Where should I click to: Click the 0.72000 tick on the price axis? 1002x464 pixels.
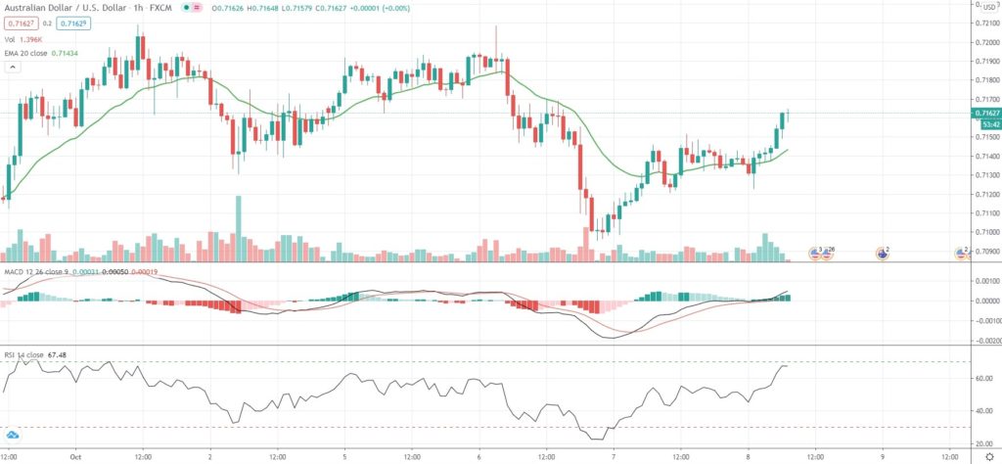point(984,43)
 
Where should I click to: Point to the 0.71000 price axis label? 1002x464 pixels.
point(984,232)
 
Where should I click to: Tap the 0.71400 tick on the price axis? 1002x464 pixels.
point(984,157)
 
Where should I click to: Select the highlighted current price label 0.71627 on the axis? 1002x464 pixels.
point(984,114)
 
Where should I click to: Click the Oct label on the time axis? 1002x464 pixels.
point(74,456)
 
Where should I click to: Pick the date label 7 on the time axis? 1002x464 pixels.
point(614,456)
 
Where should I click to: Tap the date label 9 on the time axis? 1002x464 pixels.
point(883,456)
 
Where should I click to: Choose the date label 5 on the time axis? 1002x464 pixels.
point(344,456)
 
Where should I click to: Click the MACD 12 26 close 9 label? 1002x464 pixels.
point(39,270)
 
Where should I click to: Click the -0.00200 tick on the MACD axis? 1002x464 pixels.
point(982,341)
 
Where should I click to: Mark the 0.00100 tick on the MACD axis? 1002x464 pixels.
point(984,281)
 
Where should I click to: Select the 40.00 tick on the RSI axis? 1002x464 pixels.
point(982,411)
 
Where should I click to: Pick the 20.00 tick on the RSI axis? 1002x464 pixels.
point(982,442)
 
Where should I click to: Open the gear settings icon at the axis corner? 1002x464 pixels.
point(982,456)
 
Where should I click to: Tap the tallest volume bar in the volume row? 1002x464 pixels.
point(238,227)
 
